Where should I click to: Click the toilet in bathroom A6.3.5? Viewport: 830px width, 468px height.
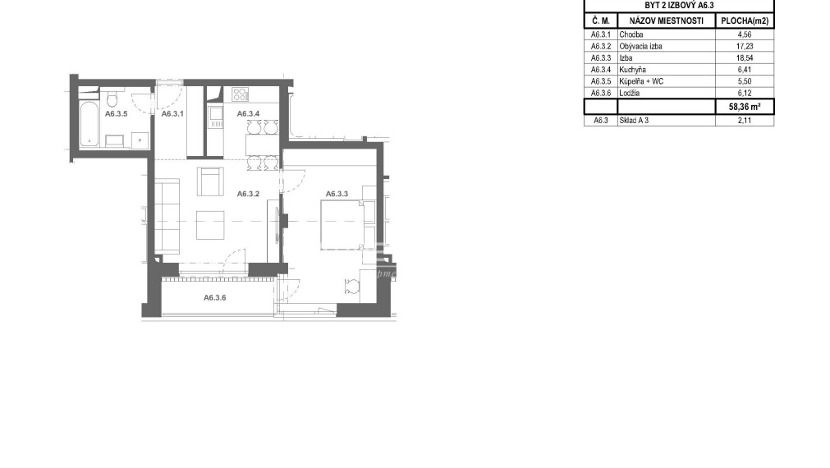pos(112,99)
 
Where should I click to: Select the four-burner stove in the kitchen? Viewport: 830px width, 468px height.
pos(241,94)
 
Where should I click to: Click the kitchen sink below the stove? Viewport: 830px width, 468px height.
pos(215,117)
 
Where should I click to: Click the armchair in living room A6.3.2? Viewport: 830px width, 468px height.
pos(211,181)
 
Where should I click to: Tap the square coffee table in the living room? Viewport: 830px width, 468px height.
pos(210,225)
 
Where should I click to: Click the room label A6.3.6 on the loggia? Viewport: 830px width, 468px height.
pos(215,297)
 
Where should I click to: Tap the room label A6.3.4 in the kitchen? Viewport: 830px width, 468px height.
pos(248,113)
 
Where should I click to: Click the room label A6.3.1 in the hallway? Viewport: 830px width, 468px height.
pos(172,113)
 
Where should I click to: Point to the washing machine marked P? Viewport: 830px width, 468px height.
pos(140,140)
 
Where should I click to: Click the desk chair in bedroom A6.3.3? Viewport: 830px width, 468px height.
pos(351,287)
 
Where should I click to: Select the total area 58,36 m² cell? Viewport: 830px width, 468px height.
pos(745,107)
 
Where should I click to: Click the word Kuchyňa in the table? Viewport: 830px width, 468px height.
pos(633,69)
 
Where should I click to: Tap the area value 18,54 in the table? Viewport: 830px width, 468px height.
pos(745,57)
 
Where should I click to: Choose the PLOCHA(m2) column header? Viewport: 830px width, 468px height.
pos(745,21)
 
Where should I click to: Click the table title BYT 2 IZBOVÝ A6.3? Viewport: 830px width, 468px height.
pos(679,5)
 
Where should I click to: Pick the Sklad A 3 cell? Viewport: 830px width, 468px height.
pos(634,120)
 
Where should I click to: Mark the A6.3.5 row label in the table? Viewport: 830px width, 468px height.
pos(601,81)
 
